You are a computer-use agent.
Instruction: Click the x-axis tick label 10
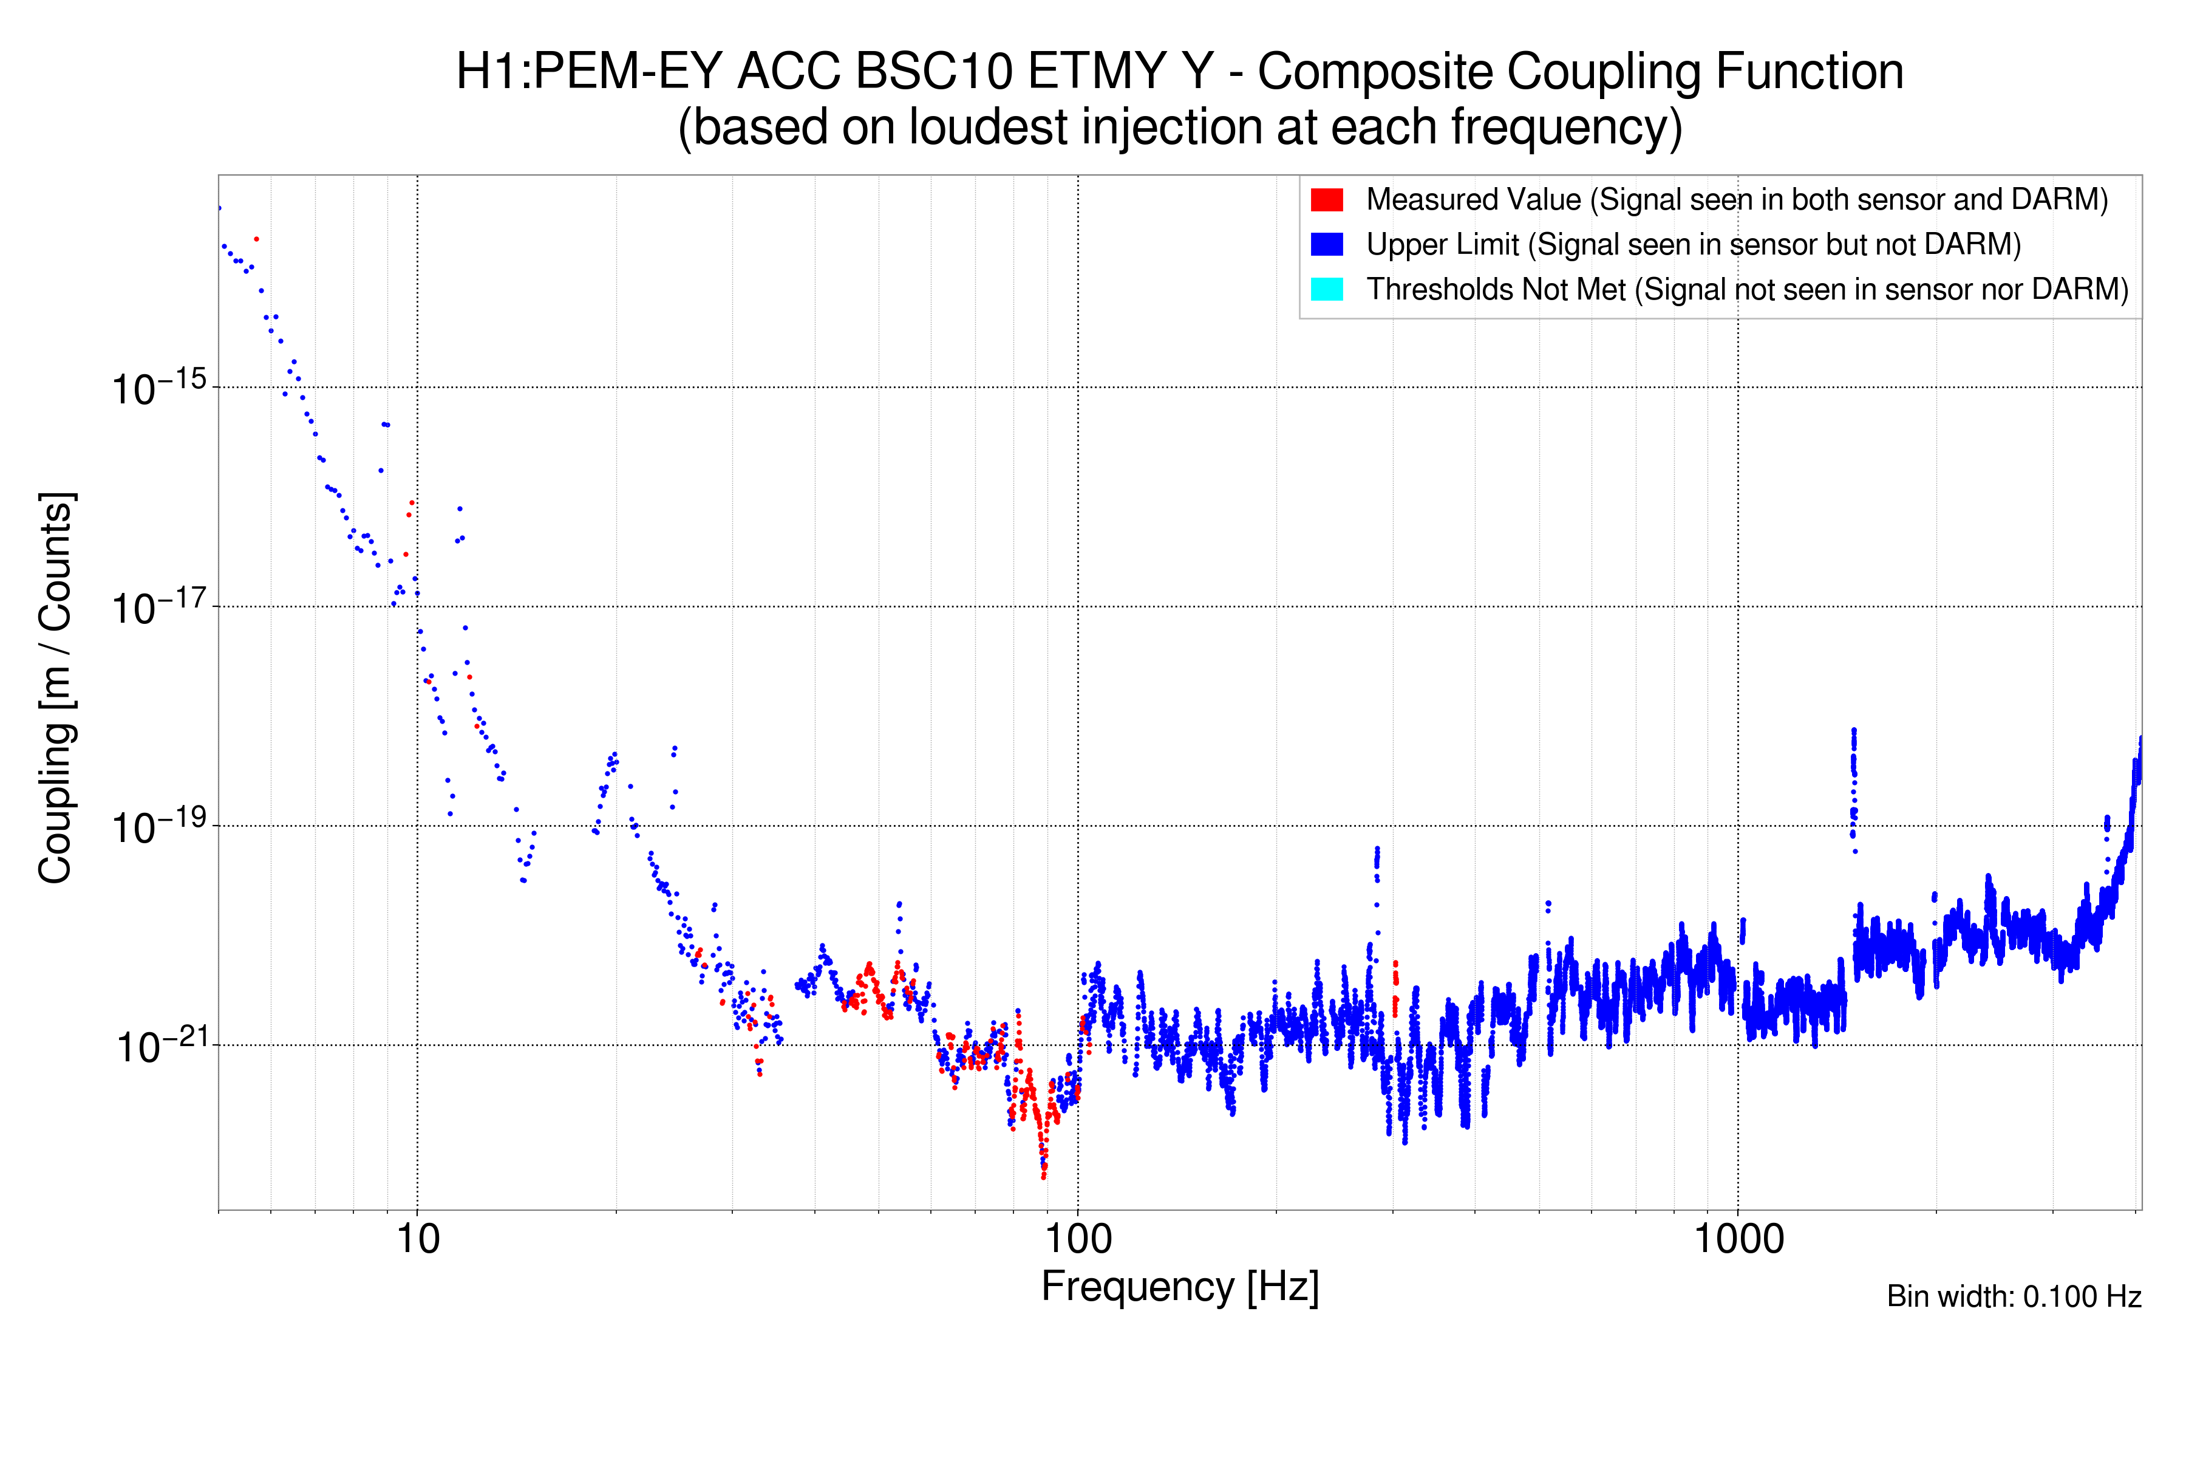(x=417, y=1239)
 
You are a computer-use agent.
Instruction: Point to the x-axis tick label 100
(x=1078, y=1239)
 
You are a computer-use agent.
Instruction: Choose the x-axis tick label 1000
(x=1738, y=1239)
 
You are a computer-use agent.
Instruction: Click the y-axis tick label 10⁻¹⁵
(x=158, y=388)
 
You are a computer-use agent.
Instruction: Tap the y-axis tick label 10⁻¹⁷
(x=158, y=607)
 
